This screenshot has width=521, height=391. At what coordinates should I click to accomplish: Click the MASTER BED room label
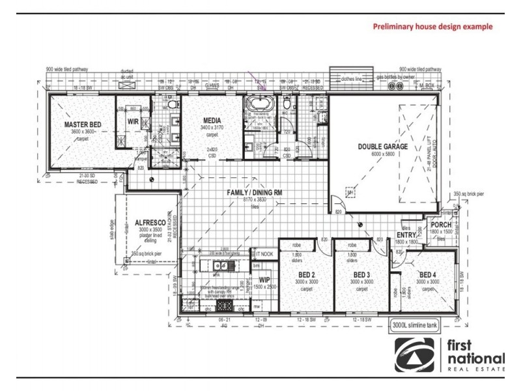[82, 124]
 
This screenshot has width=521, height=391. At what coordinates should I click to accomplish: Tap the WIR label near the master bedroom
[133, 120]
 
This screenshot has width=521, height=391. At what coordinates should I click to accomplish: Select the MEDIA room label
[212, 121]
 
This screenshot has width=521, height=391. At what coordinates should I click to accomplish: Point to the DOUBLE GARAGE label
[383, 147]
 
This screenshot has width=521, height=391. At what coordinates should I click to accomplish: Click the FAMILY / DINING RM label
[254, 194]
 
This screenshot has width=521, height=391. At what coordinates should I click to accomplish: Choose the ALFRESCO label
[143, 222]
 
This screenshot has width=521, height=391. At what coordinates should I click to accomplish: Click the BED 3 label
[362, 274]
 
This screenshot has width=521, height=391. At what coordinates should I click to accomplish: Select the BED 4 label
[428, 274]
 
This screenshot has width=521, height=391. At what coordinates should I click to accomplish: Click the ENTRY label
[406, 235]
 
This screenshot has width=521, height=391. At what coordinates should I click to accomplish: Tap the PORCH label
[442, 225]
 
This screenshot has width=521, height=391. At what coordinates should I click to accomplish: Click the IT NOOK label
[265, 253]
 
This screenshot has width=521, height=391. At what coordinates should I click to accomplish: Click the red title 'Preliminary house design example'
[432, 27]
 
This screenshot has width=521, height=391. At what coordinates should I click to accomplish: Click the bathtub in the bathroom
[258, 105]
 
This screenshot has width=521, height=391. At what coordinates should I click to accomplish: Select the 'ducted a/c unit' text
[127, 72]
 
